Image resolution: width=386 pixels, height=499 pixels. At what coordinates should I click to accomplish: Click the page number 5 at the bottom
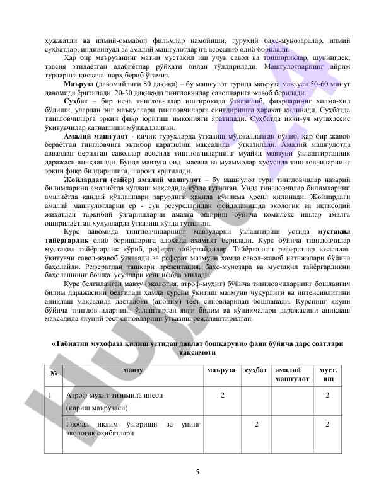coord(197,472)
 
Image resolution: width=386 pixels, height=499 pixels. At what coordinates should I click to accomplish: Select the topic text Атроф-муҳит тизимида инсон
coord(115,395)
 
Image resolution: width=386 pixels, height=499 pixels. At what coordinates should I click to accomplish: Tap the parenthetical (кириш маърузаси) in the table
coord(94,408)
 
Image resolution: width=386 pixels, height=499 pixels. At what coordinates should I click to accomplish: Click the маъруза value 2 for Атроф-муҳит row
coord(221,395)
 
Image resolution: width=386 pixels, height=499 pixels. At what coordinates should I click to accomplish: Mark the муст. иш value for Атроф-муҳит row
coord(327,395)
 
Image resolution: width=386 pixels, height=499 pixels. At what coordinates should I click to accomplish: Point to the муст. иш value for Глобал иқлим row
coord(327,425)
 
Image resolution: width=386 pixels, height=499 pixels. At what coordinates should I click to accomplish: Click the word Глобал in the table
coord(78,425)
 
